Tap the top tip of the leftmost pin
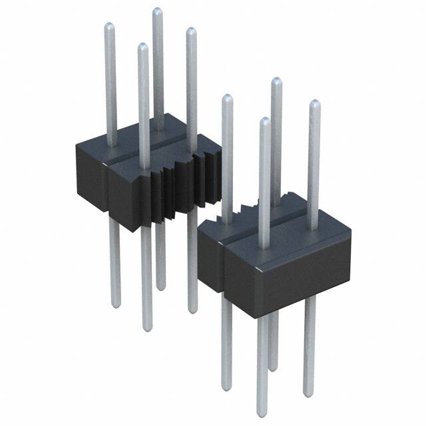(110, 25)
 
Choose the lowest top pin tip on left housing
(142, 46)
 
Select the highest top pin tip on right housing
(276, 81)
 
